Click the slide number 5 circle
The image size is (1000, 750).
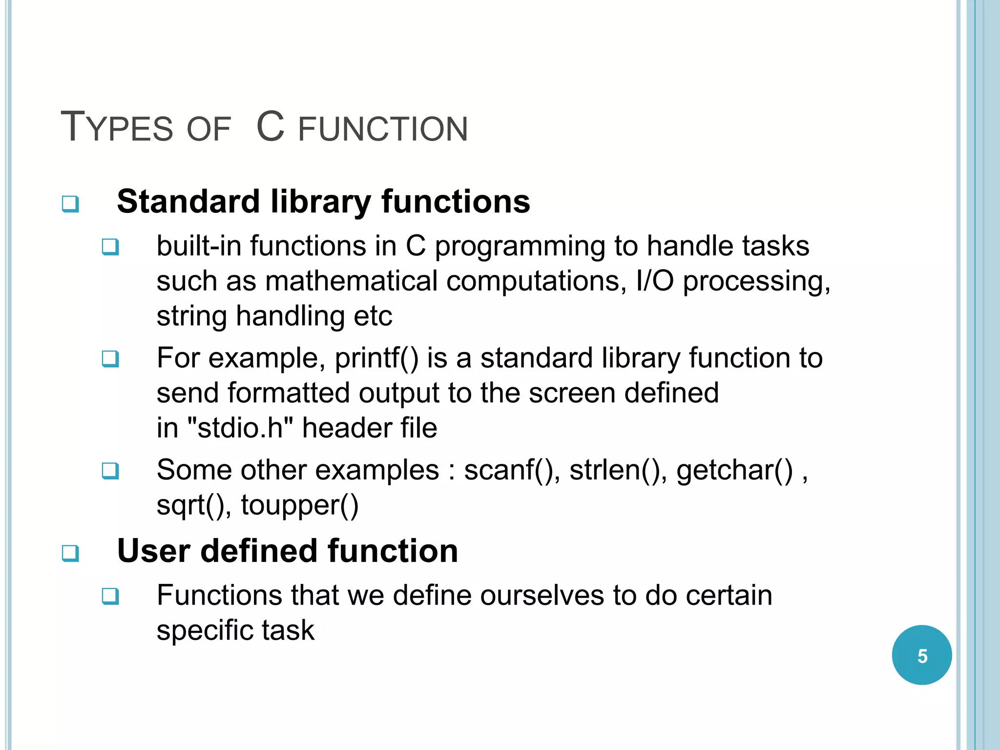[921, 655]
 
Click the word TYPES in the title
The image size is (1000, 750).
[117, 127]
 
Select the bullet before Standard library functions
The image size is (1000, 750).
[70, 204]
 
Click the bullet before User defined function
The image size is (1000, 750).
[70, 553]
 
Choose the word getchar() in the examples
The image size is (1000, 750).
[734, 470]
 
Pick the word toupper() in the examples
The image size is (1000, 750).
[299, 505]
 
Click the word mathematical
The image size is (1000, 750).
[351, 281]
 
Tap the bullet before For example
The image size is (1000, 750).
[110, 359]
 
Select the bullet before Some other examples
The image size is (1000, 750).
[110, 471]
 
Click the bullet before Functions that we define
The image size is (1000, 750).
[110, 596]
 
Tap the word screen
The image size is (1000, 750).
[572, 393]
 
